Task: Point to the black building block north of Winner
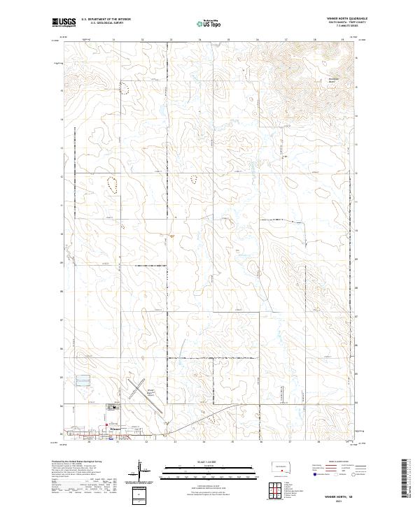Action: tap(113, 408)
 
